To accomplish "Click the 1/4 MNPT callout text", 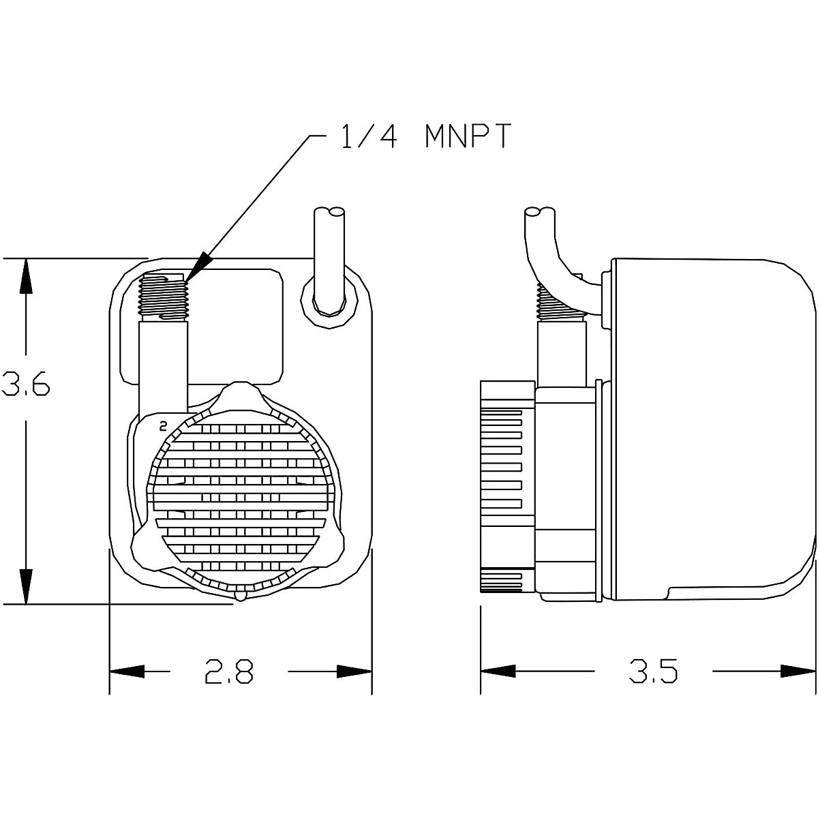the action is point(425,136).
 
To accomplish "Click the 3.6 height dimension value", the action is point(25,384).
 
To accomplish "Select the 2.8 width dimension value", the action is point(229,671).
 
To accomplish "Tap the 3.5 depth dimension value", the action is point(653,671).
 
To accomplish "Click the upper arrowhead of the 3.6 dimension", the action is point(26,275).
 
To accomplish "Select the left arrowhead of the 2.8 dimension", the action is point(127,671).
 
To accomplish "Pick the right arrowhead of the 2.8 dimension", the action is point(354,671).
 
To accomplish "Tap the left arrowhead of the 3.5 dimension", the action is point(498,671).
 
